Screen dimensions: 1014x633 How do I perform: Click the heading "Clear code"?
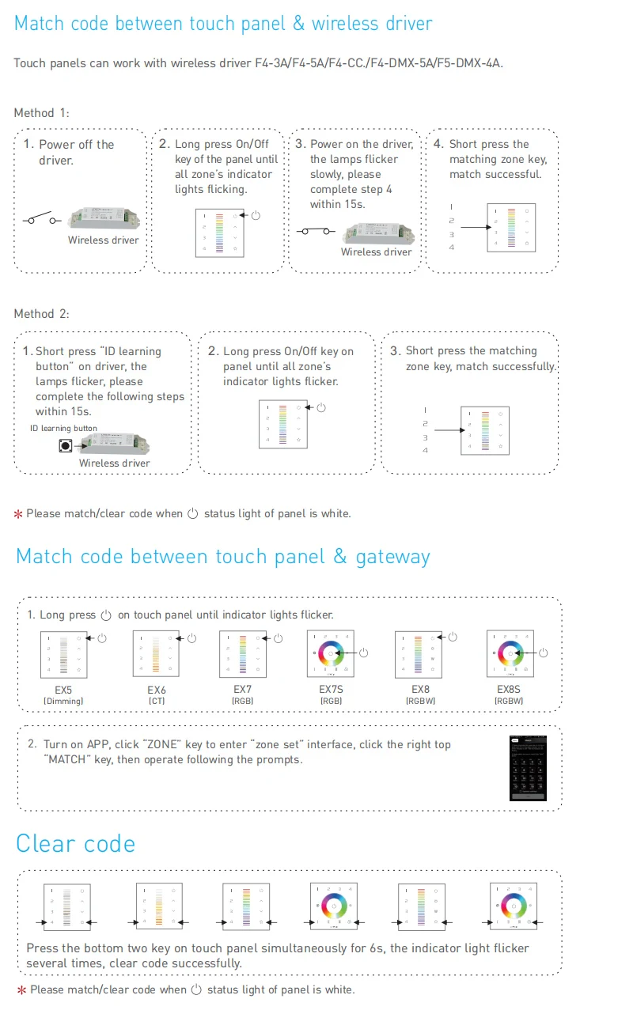click(x=75, y=843)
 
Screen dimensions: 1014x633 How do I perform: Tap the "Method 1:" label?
click(x=41, y=113)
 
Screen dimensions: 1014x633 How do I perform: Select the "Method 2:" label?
click(x=41, y=314)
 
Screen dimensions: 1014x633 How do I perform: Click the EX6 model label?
click(x=156, y=691)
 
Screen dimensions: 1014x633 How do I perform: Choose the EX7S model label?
click(x=330, y=691)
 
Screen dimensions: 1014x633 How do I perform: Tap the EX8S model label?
click(x=509, y=691)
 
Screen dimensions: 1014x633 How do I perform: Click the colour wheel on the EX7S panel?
click(x=332, y=653)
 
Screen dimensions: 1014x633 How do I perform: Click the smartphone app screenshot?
click(x=529, y=768)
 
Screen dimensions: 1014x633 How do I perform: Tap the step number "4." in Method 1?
click(x=438, y=144)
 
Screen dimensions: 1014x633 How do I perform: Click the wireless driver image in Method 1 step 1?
click(x=104, y=218)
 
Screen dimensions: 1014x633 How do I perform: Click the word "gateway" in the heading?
click(x=392, y=557)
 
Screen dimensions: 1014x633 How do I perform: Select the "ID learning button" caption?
click(x=63, y=429)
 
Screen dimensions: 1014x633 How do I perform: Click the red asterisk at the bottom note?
click(x=20, y=990)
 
